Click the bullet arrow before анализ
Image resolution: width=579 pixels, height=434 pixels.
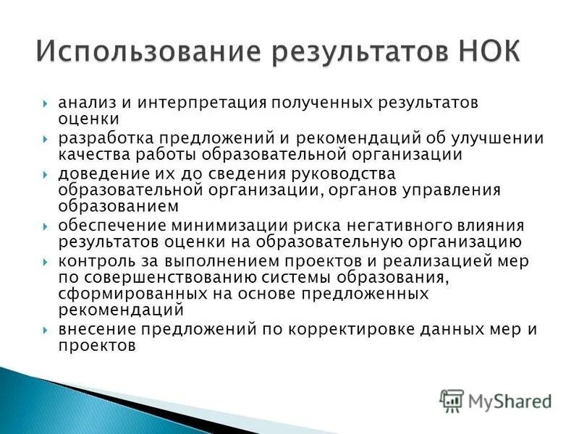(x=46, y=103)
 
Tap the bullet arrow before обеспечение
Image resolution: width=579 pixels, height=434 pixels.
(x=46, y=226)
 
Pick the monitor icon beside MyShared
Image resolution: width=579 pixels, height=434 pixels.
(x=452, y=400)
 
